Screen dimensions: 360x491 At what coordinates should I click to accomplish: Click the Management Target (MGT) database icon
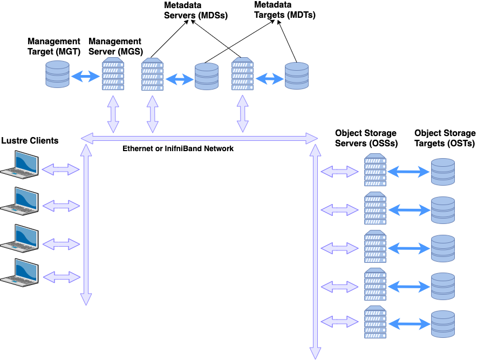[57, 74]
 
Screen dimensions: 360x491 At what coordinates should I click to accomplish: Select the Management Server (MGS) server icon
[113, 75]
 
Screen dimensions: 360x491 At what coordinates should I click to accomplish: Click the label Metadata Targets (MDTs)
[284, 10]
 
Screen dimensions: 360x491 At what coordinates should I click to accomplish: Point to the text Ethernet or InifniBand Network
[178, 148]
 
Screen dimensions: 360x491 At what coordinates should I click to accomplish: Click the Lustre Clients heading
[30, 141]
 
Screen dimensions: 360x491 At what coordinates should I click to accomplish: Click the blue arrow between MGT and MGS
[85, 76]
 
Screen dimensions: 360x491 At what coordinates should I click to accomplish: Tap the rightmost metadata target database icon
[296, 76]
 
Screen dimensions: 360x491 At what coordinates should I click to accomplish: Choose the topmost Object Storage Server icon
[375, 170]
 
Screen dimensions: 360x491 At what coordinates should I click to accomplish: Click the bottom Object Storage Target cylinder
[443, 324]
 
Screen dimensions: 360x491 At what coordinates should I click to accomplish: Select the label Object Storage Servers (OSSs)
[366, 138]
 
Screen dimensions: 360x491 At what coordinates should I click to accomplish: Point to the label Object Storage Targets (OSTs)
[445, 138]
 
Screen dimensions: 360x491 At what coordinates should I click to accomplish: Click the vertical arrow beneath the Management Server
[113, 114]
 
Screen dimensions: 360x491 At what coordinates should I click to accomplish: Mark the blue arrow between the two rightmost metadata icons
[269, 79]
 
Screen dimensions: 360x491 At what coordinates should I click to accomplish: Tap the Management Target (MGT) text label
[54, 46]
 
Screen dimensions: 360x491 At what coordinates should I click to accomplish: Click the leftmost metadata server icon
[152, 76]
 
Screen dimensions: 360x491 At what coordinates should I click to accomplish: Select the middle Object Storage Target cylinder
[443, 248]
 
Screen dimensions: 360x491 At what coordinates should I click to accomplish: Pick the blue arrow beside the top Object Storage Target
[408, 172]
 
